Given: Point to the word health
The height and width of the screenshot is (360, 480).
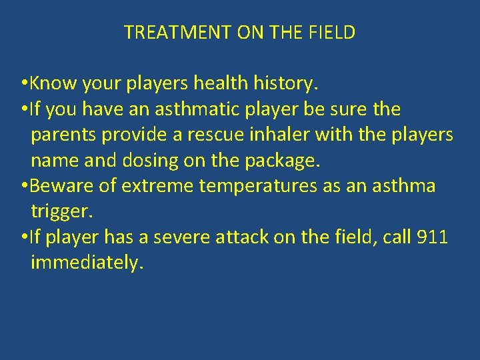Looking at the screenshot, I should click(221, 84).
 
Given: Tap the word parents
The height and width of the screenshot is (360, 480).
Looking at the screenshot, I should click(63, 135).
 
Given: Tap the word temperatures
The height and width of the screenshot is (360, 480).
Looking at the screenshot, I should click(258, 185).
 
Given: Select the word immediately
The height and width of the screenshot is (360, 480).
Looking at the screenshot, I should click(87, 263).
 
